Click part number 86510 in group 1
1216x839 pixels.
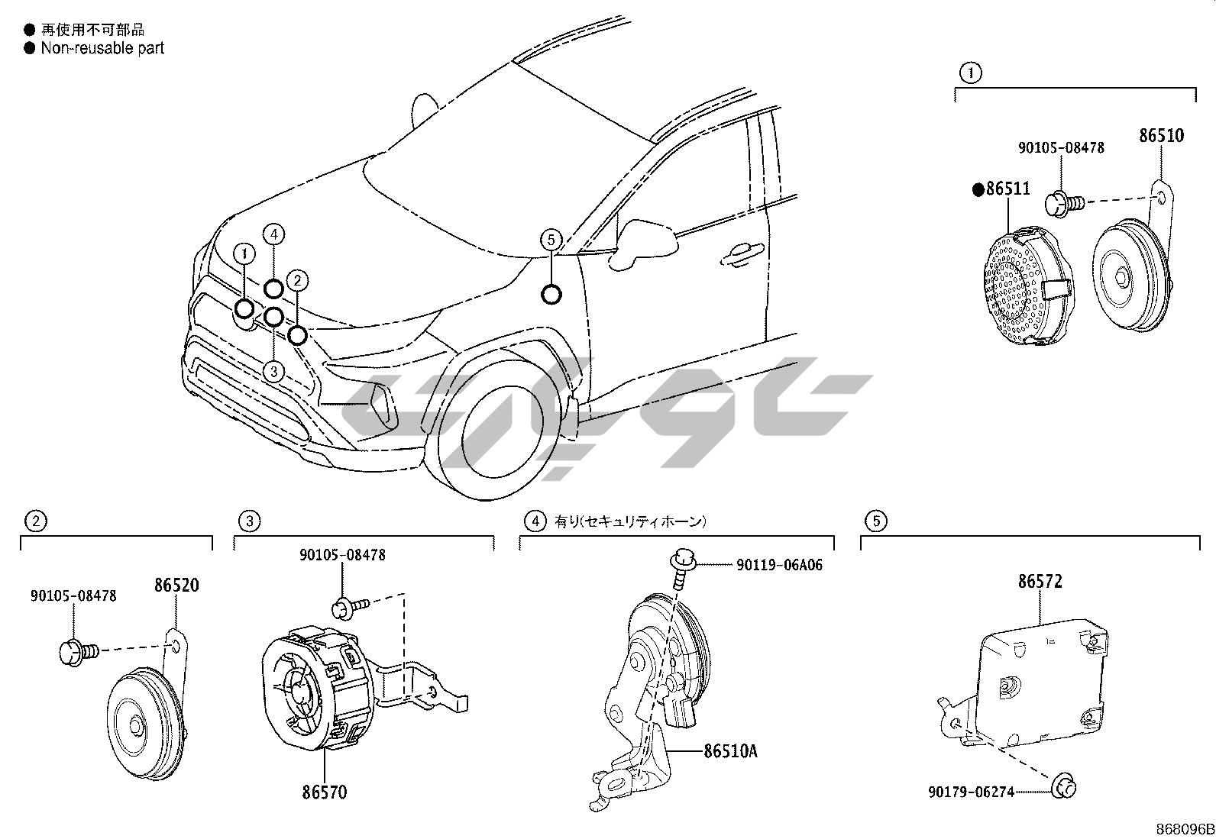pos(1161,136)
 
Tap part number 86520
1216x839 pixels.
pos(176,586)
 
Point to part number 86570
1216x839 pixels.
pos(324,792)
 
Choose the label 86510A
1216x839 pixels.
pos(730,751)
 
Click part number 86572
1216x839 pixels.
pos(1040,582)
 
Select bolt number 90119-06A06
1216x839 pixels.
pos(779,565)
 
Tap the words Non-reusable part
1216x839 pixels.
pos(102,48)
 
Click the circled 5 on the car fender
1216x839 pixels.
pos(551,240)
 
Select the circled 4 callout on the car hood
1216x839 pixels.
pos(274,234)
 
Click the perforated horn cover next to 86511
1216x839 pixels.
pos(1024,286)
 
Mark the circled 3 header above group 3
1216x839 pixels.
pos(250,521)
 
